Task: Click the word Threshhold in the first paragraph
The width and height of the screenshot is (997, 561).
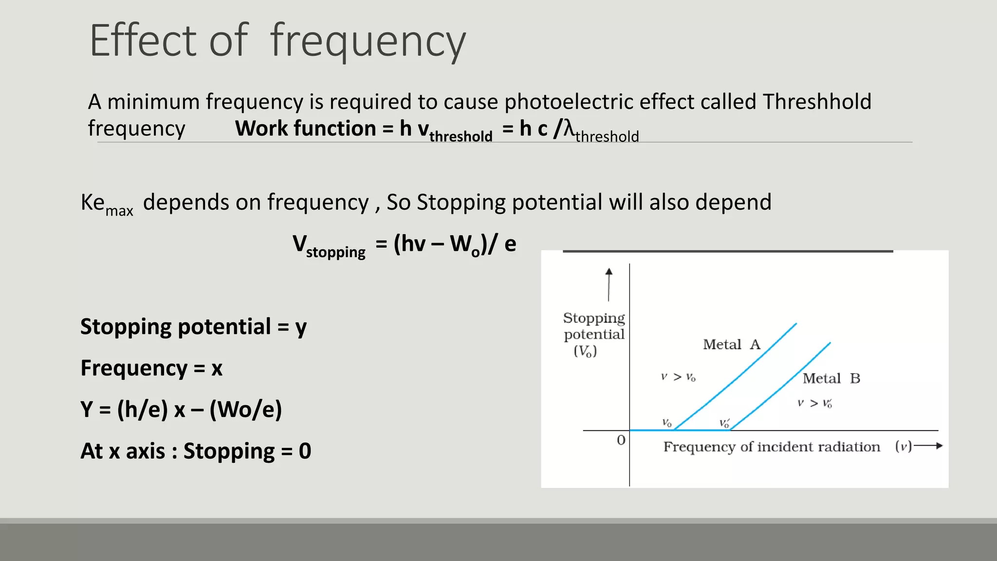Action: click(816, 102)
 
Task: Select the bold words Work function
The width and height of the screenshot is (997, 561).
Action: click(305, 129)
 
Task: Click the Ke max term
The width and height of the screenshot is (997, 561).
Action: click(106, 204)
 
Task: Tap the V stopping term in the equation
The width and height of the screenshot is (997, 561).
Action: click(329, 245)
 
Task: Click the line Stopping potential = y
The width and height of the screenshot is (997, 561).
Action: click(193, 327)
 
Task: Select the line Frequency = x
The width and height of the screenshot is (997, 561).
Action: click(151, 368)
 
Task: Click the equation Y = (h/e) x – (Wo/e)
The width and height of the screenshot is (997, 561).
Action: click(181, 410)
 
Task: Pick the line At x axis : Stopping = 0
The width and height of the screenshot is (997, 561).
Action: click(196, 451)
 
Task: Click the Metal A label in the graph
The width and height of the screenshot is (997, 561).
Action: click(731, 345)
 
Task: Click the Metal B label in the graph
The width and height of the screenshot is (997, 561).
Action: click(831, 378)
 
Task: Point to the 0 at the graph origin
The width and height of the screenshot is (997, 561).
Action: click(621, 440)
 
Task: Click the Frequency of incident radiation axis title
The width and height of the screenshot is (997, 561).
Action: click(771, 447)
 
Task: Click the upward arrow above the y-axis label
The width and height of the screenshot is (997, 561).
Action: click(609, 284)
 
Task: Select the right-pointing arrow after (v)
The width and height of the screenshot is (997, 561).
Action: click(928, 446)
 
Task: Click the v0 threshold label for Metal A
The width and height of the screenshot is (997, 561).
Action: click(666, 423)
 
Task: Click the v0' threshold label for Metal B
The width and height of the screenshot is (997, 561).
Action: click(724, 423)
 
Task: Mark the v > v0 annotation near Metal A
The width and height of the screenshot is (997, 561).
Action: click(678, 377)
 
